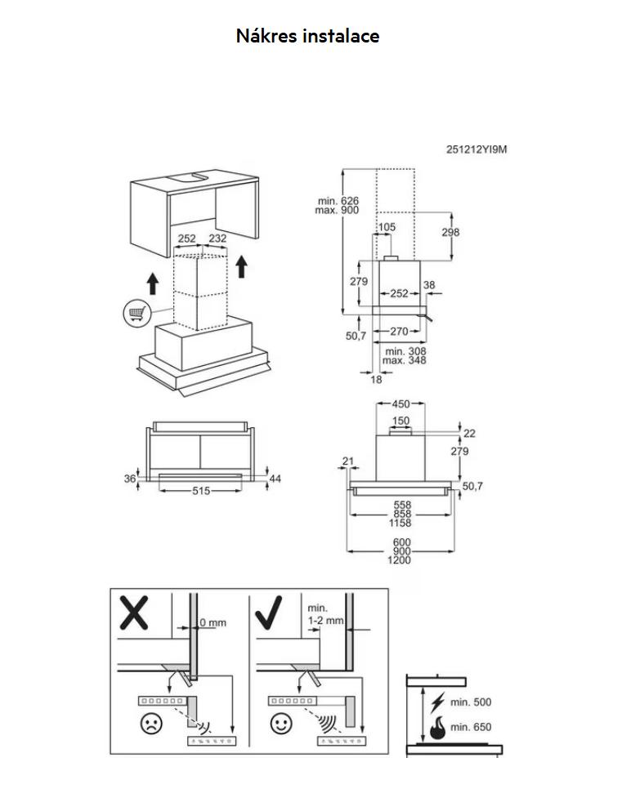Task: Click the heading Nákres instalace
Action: pos(307,36)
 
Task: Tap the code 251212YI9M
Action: pos(477,149)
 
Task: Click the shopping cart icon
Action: pos(136,312)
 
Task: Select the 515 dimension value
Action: pos(201,491)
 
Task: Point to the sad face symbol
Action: pos(150,723)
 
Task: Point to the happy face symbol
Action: pos(281,723)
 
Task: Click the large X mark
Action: pos(133,613)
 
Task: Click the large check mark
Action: pos(267,613)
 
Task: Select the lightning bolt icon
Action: pos(437,702)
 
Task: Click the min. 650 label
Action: pos(471,727)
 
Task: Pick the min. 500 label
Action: pos(471,702)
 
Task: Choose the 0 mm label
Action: pos(213,622)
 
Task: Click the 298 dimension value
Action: pos(450,232)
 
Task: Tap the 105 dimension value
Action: pos(387,226)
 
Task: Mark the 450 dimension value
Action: pos(400,403)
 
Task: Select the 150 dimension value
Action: pos(400,421)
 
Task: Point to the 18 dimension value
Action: pos(376,379)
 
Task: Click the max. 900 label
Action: pos(337,210)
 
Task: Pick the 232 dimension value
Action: pos(217,238)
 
